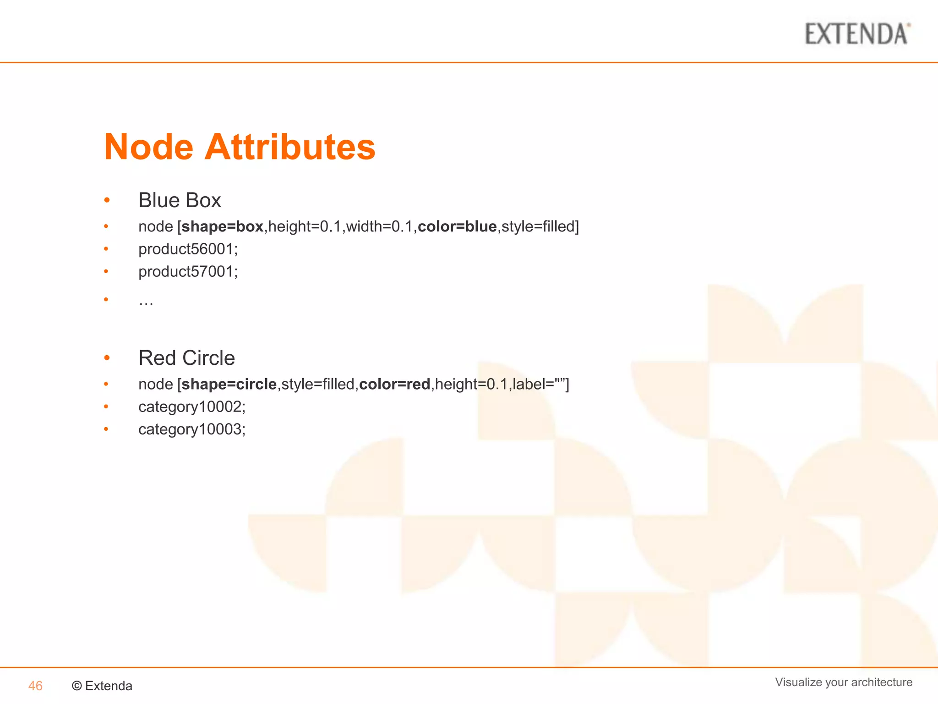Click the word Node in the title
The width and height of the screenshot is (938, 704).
149,147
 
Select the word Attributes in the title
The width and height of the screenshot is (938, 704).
290,147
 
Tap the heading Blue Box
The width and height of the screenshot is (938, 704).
180,200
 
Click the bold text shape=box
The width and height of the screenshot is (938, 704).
223,226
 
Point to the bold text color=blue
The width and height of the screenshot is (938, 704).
457,226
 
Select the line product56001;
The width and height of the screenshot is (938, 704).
188,249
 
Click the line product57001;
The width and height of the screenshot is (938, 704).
188,271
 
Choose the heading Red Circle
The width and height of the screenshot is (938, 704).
186,358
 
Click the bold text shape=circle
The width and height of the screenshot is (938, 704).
229,384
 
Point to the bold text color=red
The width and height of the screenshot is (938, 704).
395,384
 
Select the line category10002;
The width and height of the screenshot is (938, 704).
192,407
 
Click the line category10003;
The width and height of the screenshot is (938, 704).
192,429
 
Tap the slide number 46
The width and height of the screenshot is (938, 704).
35,686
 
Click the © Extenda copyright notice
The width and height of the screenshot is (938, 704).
102,686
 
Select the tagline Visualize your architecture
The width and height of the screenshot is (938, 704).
844,682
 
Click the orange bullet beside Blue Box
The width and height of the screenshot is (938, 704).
107,200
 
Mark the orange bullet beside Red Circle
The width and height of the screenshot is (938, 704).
107,357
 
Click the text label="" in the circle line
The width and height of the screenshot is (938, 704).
540,384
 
